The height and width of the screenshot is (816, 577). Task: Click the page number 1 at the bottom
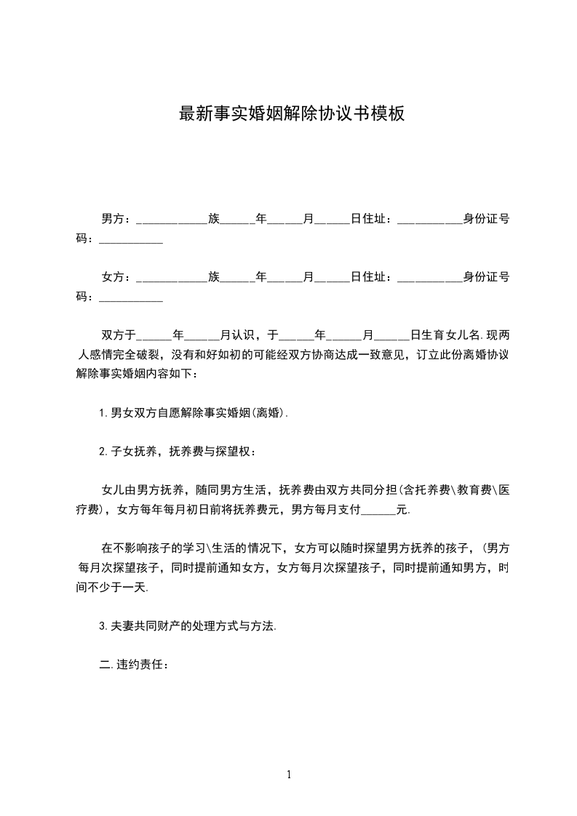(289, 775)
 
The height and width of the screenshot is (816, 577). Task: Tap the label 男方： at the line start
(116, 218)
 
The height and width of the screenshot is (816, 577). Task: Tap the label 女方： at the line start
(116, 277)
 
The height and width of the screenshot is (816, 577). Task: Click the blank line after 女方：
(172, 279)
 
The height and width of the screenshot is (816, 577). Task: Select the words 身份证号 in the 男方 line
(486, 218)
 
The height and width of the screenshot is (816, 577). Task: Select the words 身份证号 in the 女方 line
(486, 277)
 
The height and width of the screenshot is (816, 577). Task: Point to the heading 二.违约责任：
(135, 665)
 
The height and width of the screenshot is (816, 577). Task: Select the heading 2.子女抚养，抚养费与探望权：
(178, 452)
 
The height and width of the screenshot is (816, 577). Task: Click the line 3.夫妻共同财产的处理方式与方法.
(188, 626)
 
